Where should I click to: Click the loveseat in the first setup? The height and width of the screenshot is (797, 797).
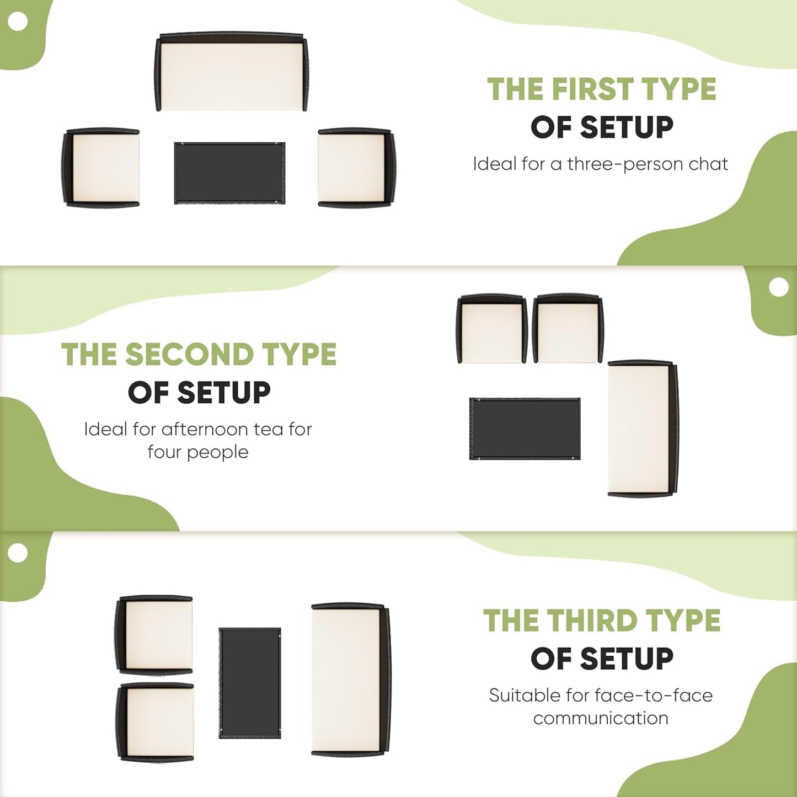[231, 72]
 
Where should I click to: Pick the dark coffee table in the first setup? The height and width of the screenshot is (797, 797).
[229, 173]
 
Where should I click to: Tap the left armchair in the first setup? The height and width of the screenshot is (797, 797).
[100, 167]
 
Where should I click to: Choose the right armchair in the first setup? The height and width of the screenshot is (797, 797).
[356, 167]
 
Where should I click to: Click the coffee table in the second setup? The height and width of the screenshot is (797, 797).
[525, 429]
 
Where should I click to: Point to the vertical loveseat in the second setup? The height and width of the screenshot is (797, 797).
[643, 428]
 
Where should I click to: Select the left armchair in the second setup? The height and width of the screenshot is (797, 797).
[492, 329]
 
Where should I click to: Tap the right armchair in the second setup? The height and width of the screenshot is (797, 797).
[568, 329]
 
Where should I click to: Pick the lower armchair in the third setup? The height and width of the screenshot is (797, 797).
[154, 722]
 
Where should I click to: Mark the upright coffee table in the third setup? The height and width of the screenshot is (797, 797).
[250, 683]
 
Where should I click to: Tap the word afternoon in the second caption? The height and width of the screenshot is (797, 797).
[205, 429]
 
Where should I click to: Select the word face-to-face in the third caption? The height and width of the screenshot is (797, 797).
[654, 696]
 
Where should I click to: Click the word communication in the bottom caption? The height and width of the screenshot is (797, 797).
[601, 718]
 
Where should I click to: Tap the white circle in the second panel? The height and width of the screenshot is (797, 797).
[779, 287]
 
